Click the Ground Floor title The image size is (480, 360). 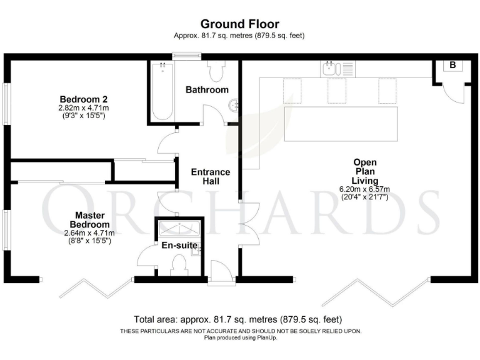239,24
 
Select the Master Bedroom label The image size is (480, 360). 88,220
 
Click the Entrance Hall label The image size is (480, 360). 210,177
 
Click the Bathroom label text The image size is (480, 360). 207,90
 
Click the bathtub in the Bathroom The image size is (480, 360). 161,92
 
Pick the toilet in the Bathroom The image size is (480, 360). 217,72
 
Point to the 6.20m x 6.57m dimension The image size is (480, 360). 364,189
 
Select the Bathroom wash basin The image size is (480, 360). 234,106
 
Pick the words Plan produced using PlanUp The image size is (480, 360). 240,338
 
